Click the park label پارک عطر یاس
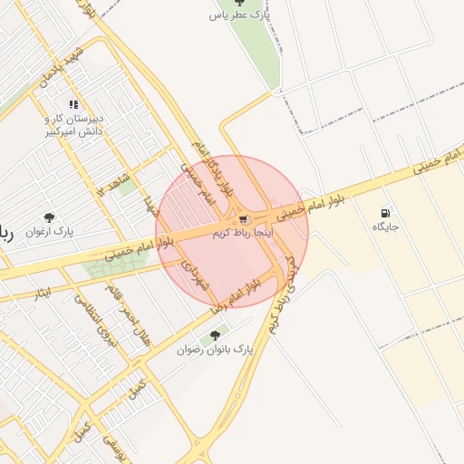click(x=240, y=16)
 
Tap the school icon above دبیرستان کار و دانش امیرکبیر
click(x=73, y=103)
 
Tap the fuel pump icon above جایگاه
click(x=387, y=211)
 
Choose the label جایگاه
click(x=386, y=226)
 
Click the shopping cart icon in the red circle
click(x=243, y=219)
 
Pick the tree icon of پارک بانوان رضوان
click(x=216, y=335)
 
